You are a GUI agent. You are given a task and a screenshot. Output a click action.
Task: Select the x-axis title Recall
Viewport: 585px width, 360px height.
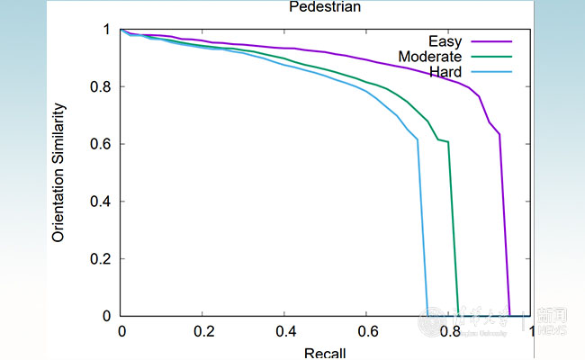point(325,353)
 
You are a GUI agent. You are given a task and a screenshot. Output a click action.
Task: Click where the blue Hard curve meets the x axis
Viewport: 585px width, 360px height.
point(427,316)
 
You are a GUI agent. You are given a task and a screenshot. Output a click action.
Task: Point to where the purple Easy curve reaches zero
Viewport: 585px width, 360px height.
point(509,316)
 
